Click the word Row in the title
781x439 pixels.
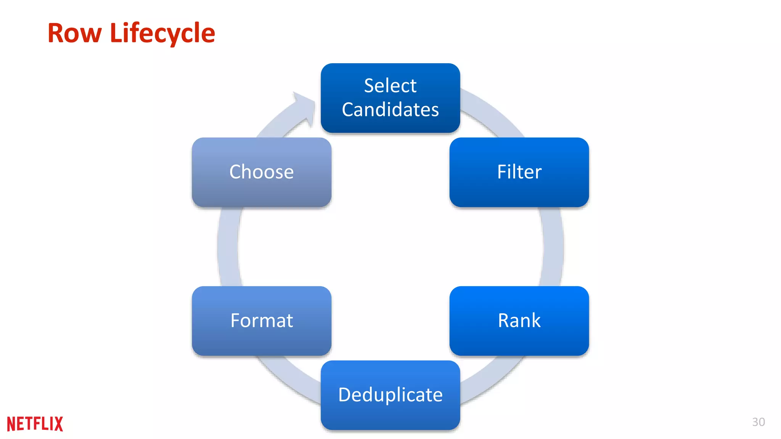(x=74, y=34)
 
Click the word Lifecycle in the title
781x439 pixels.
(x=162, y=34)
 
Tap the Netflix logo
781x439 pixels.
(x=35, y=424)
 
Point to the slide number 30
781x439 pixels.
(x=758, y=422)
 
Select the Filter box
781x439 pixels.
(x=519, y=172)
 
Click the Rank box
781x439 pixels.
(x=519, y=321)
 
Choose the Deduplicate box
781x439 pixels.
(x=390, y=395)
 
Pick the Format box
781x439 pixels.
(x=262, y=321)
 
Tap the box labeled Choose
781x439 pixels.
(x=262, y=172)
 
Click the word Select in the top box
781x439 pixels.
(x=390, y=85)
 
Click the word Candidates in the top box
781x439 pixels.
(x=390, y=110)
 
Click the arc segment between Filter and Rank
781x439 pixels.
(x=553, y=247)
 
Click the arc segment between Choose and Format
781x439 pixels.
(x=228, y=247)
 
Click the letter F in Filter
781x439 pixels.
(x=502, y=172)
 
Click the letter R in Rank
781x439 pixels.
(x=504, y=320)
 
